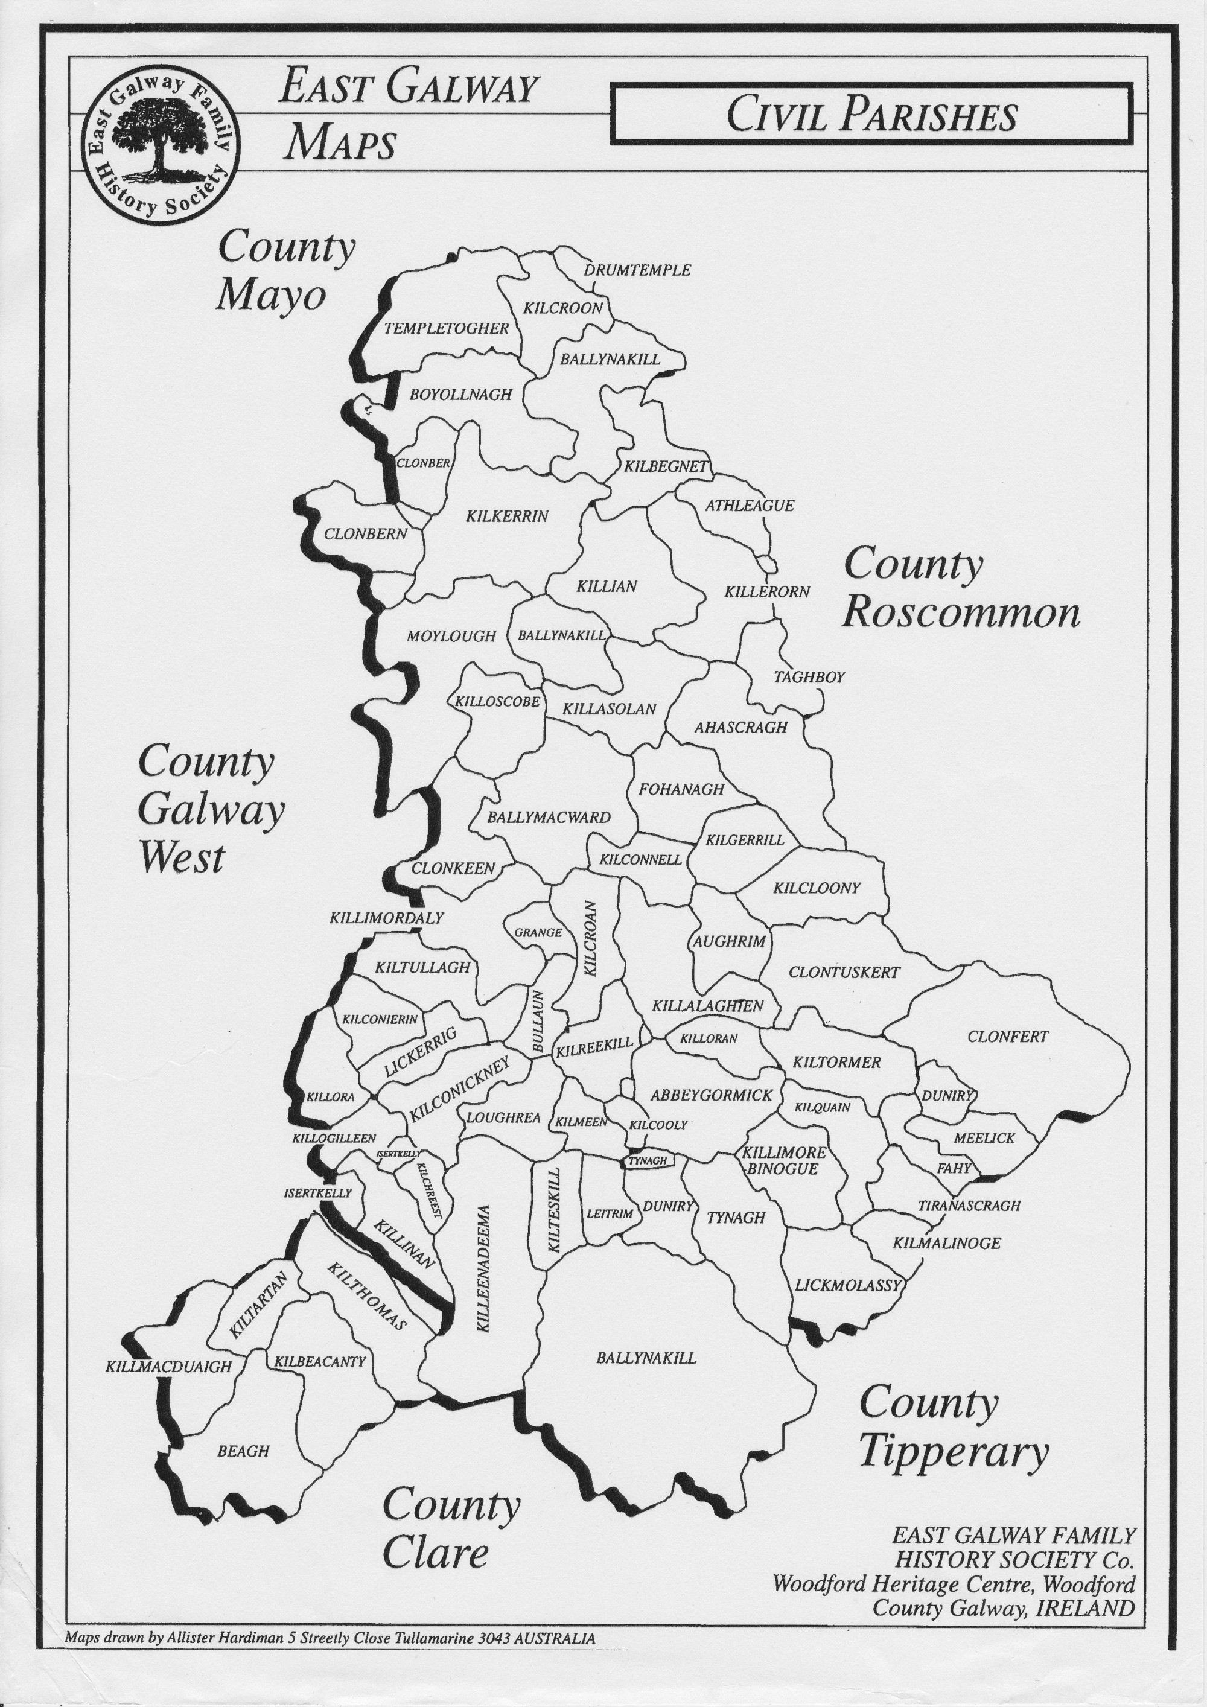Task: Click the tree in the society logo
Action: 156,140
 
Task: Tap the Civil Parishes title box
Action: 871,115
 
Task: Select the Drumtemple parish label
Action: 637,270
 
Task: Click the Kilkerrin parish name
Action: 507,516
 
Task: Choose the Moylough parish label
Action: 451,635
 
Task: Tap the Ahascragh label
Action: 740,727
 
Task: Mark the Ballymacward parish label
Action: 548,817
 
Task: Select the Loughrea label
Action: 503,1117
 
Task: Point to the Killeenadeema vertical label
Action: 483,1268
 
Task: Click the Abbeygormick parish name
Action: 711,1095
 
